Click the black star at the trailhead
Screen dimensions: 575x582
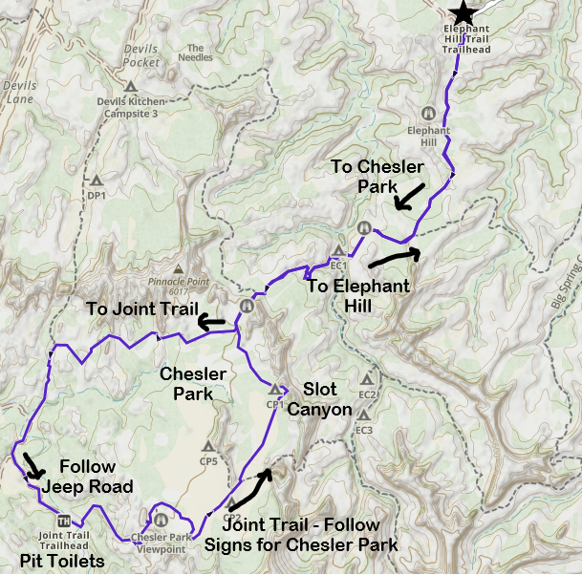pyautogui.click(x=463, y=11)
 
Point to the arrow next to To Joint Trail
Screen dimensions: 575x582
pyautogui.click(x=212, y=323)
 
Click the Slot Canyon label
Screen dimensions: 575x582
pyautogui.click(x=327, y=399)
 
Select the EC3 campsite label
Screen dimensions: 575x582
pyautogui.click(x=363, y=430)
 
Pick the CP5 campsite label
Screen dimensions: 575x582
pyautogui.click(x=209, y=462)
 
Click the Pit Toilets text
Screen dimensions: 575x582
pyautogui.click(x=61, y=560)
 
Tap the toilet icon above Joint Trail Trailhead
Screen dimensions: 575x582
pyautogui.click(x=63, y=521)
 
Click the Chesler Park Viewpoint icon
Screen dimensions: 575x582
pyautogui.click(x=161, y=521)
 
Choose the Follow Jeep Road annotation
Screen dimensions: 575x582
pyautogui.click(x=87, y=476)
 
